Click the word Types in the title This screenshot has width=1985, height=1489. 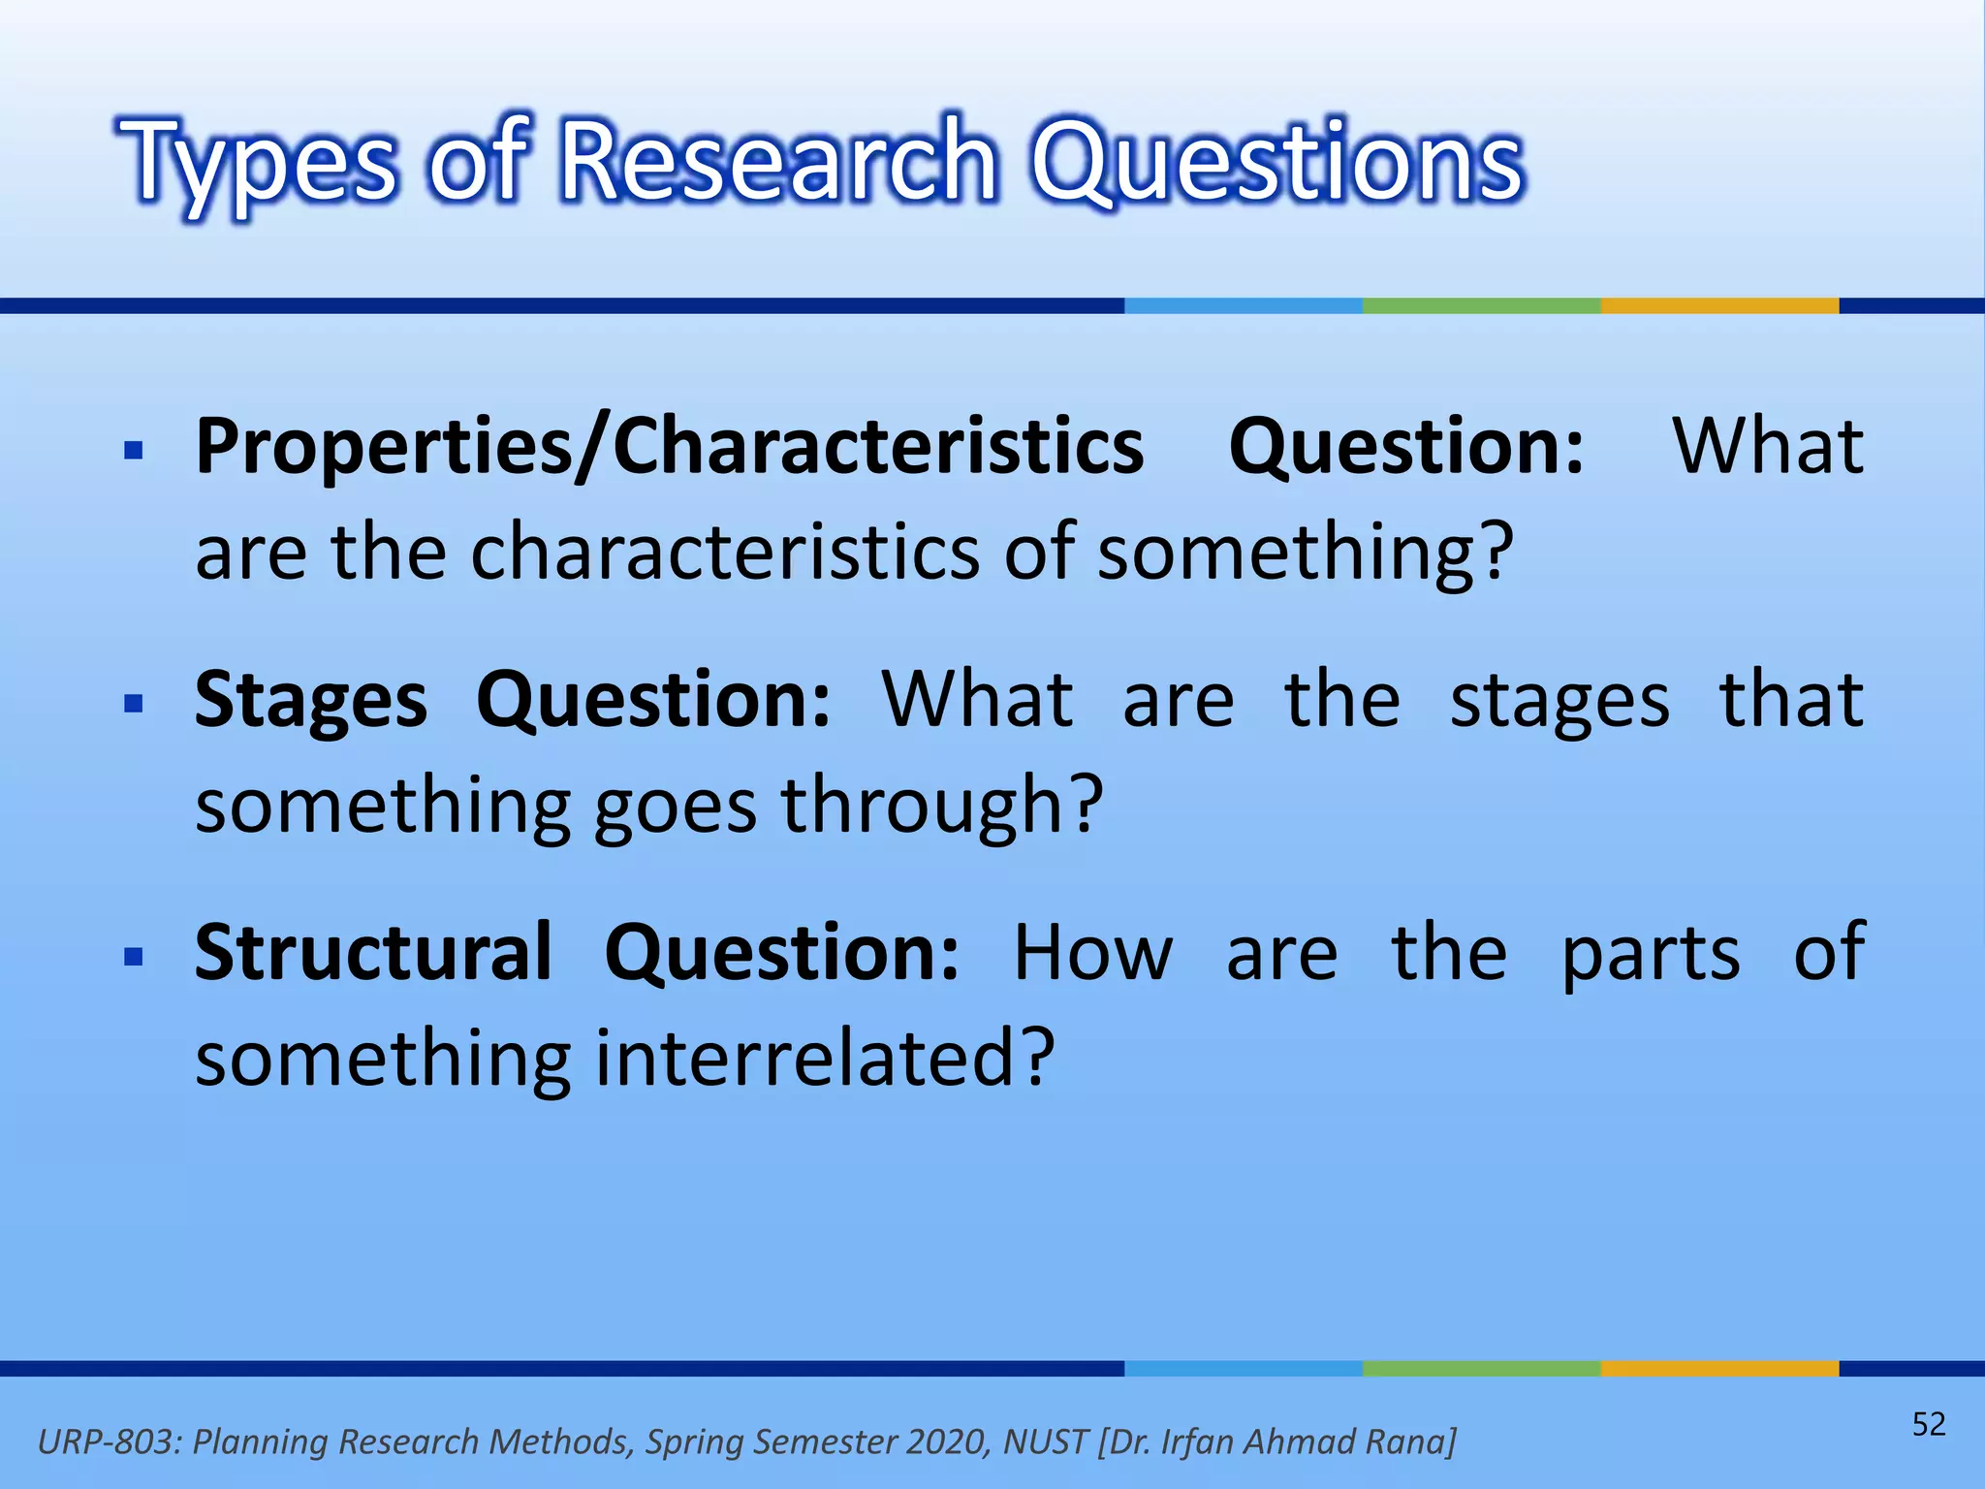[260, 162]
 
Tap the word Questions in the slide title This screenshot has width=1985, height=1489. [1277, 162]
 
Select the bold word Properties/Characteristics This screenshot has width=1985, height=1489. [669, 447]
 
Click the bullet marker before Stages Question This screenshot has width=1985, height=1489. [134, 702]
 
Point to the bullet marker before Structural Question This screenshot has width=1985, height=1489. [134, 956]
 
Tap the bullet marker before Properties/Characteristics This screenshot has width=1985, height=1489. [134, 450]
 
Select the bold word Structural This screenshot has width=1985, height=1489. [373, 953]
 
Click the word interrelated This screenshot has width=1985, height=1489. [824, 1058]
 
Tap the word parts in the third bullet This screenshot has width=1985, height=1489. [1651, 955]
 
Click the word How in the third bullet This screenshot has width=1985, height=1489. [1092, 953]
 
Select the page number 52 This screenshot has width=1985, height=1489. [1928, 1424]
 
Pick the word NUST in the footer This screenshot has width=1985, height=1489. [1045, 1441]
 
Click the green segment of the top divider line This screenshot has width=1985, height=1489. [1481, 305]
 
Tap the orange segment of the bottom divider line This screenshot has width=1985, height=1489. [1718, 1369]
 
